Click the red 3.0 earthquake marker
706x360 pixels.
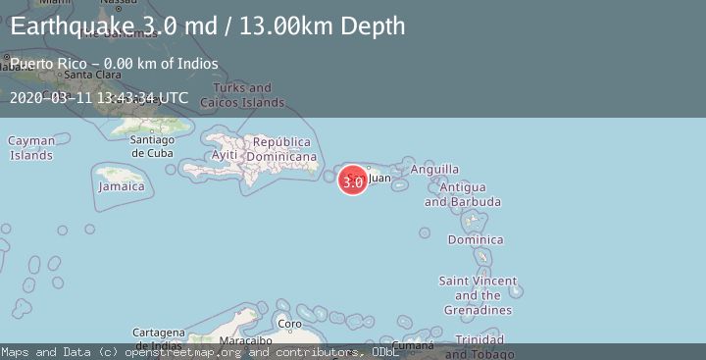[x=353, y=180]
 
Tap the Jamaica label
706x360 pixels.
[x=122, y=186]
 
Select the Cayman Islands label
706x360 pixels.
[x=31, y=148]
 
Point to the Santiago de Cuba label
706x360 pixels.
[x=152, y=146]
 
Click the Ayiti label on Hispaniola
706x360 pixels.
[x=225, y=155]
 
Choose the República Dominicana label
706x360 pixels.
[x=281, y=149]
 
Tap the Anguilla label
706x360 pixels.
[x=434, y=169]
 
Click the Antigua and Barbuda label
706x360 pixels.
[x=462, y=194]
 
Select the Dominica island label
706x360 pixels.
[x=476, y=239]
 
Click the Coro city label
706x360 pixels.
[x=290, y=323]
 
